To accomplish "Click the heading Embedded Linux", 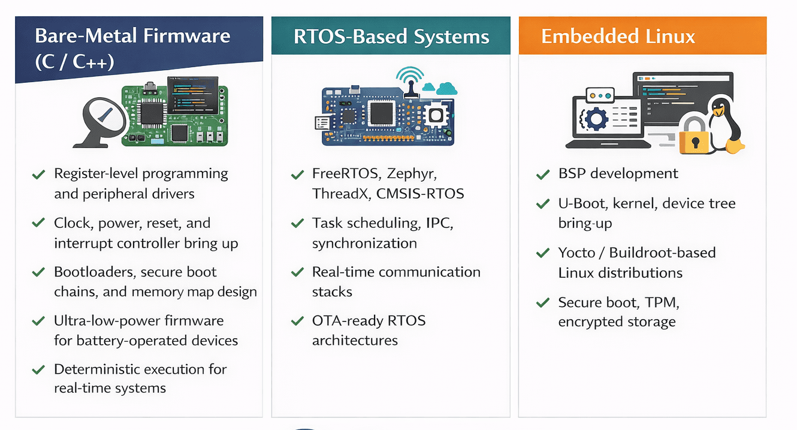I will pos(618,37).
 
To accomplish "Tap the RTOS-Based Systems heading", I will pos(391,37).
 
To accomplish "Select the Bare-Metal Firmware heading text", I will pos(132,36).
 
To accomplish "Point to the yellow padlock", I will pos(695,135).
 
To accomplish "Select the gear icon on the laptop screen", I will pos(596,118).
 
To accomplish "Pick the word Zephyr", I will pos(412,174).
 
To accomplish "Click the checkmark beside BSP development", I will pos(542,175).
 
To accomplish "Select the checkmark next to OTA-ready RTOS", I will pos(297,321).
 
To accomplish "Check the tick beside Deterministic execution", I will pos(38,369).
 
